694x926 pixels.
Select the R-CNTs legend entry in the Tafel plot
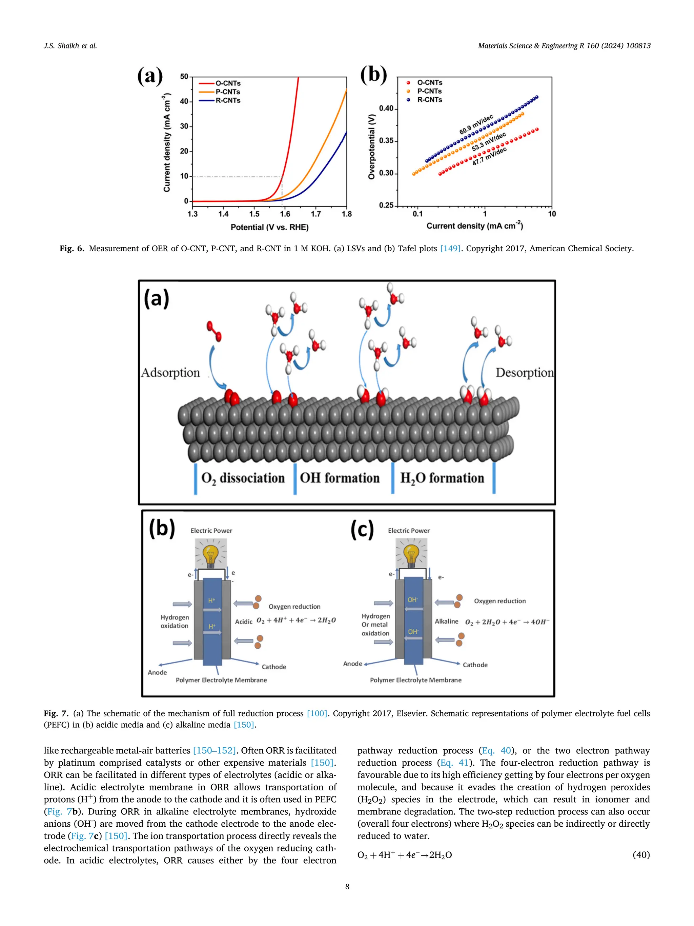[429, 100]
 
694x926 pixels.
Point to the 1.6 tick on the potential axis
[285, 214]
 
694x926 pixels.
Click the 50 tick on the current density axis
[184, 77]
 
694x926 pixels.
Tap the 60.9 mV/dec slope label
[476, 125]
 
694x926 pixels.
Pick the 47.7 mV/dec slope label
[489, 156]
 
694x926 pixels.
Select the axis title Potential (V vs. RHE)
[269, 227]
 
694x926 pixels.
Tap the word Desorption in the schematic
[524, 372]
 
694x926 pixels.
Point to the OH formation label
[340, 478]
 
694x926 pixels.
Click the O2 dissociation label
[243, 478]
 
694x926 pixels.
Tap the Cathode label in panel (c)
[475, 665]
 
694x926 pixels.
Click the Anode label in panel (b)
[157, 672]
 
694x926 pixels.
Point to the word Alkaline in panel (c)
[446, 621]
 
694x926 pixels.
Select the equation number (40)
[641, 854]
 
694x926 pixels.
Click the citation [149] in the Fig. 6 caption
[450, 249]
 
